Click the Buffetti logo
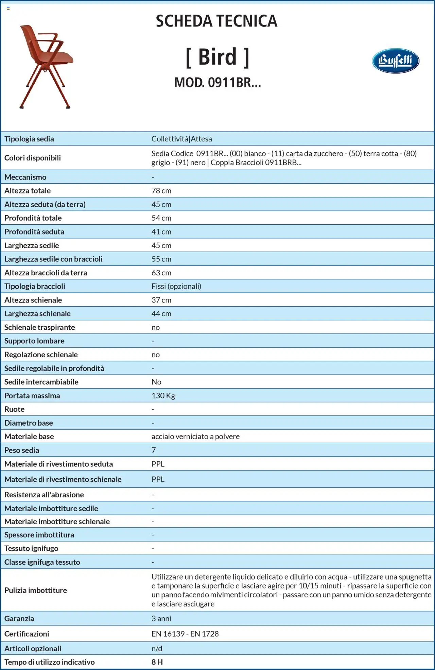pyautogui.click(x=395, y=61)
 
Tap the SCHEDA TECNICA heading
pyautogui.click(x=216, y=21)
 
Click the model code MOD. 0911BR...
pyautogui.click(x=217, y=83)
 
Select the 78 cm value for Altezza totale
pyautogui.click(x=161, y=191)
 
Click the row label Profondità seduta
pyautogui.click(x=34, y=231)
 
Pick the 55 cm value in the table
pyautogui.click(x=161, y=259)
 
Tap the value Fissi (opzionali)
pyautogui.click(x=176, y=286)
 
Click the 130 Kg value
pyautogui.click(x=163, y=396)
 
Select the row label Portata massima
pyautogui.click(x=32, y=396)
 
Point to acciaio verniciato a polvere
pyautogui.click(x=195, y=436)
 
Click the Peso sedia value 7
pyautogui.click(x=154, y=450)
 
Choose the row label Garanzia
pyautogui.click(x=19, y=618)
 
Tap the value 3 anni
pyautogui.click(x=161, y=618)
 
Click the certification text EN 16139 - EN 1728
pyautogui.click(x=185, y=634)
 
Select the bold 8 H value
pyautogui.click(x=157, y=662)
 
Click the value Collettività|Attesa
pyautogui.click(x=181, y=139)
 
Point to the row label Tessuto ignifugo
pyautogui.click(x=31, y=548)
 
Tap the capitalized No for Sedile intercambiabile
pyautogui.click(x=156, y=382)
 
